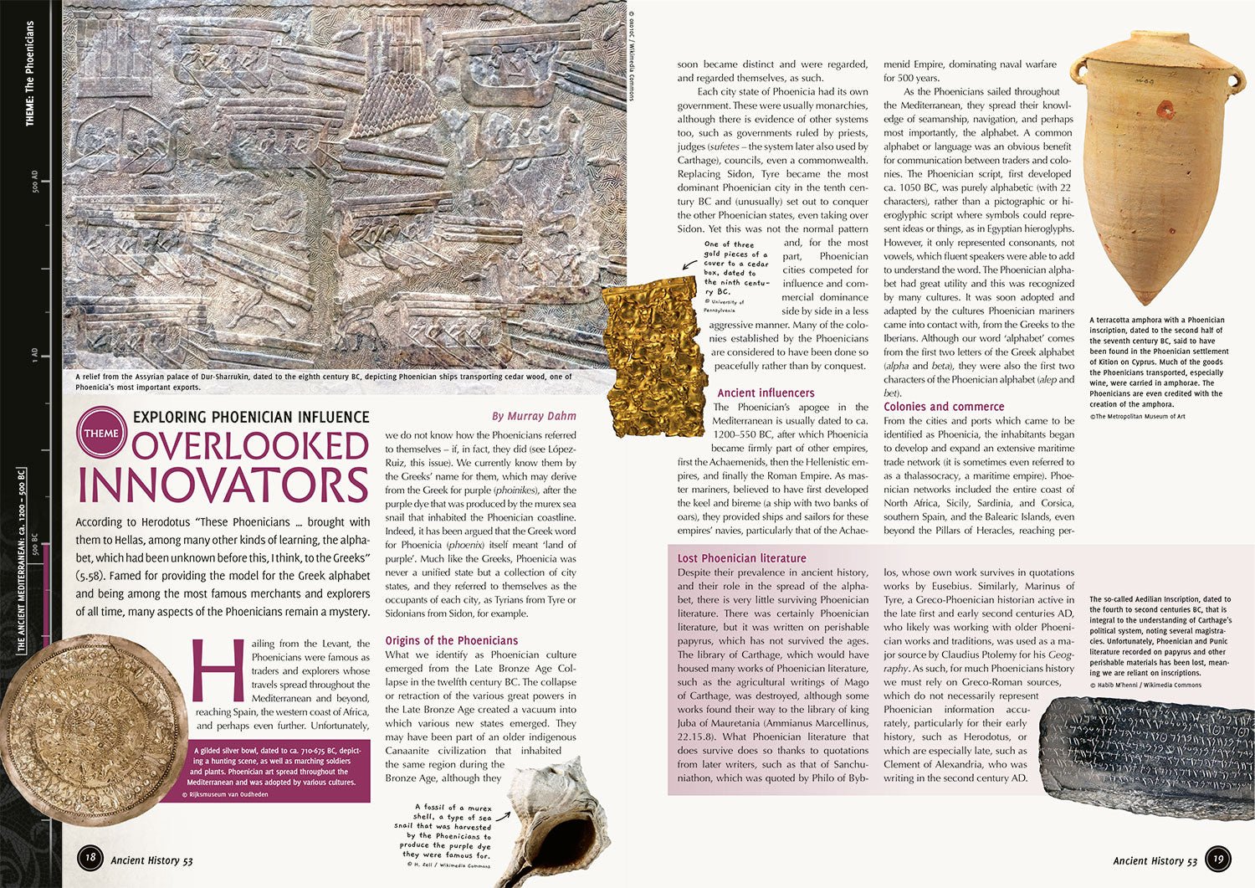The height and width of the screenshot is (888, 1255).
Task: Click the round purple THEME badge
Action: pyautogui.click(x=100, y=432)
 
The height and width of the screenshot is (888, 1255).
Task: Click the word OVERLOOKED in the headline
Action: pyautogui.click(x=249, y=445)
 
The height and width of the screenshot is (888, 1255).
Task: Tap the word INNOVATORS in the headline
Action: pyautogui.click(x=223, y=485)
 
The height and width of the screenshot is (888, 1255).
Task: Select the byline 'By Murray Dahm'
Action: pyautogui.click(x=534, y=416)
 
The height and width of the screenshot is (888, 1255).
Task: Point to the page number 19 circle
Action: pyautogui.click(x=1219, y=859)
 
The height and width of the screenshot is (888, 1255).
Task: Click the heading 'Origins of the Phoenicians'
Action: pyautogui.click(x=451, y=640)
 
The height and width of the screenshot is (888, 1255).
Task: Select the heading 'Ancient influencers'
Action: pyautogui.click(x=766, y=393)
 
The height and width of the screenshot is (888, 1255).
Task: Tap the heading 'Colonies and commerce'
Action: pyautogui.click(x=944, y=407)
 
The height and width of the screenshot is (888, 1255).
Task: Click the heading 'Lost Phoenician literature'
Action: pyautogui.click(x=741, y=558)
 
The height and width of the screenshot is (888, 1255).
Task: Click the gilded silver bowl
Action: pyautogui.click(x=88, y=728)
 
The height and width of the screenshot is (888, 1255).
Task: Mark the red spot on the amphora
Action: pyautogui.click(x=1164, y=108)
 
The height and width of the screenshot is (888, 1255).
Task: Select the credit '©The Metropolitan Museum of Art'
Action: pyautogui.click(x=1137, y=416)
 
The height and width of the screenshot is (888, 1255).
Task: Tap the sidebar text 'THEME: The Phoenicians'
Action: pyautogui.click(x=30, y=75)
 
